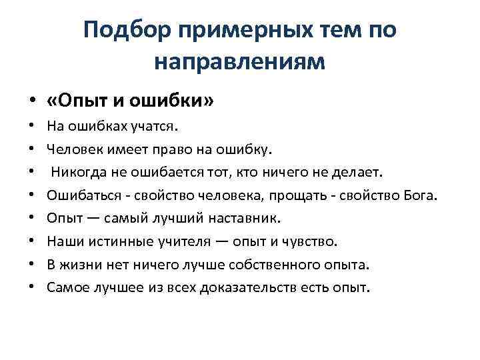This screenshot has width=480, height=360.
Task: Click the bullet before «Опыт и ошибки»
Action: click(31, 100)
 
